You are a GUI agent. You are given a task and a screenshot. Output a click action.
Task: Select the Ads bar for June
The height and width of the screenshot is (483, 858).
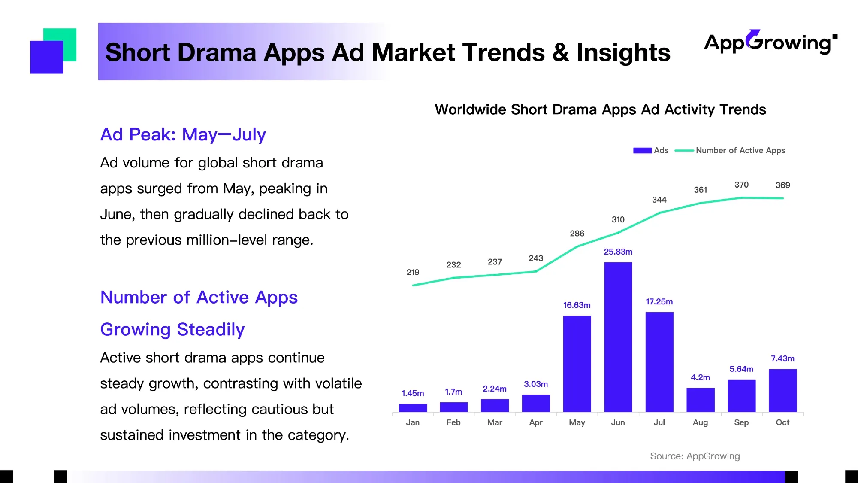[618, 337]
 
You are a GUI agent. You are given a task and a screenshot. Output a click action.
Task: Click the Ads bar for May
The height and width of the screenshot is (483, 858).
[577, 364]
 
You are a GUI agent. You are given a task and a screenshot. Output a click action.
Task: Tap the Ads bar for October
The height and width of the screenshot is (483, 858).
[782, 390]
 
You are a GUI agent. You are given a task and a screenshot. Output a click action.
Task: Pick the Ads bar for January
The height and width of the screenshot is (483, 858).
[413, 408]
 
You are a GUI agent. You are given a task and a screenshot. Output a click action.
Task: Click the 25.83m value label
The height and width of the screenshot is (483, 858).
[618, 252]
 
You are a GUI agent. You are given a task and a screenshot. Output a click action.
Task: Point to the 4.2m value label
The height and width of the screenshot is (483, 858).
[700, 377]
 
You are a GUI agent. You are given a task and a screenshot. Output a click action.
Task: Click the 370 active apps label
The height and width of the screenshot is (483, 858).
[741, 185]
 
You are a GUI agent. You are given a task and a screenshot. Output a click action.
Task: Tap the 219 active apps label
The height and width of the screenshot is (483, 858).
[413, 272]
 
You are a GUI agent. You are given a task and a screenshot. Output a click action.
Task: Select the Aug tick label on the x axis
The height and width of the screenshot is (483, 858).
[700, 422]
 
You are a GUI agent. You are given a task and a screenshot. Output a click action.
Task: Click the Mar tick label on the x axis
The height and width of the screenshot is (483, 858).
[495, 422]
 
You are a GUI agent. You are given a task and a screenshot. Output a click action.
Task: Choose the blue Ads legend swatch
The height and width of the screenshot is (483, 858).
[642, 150]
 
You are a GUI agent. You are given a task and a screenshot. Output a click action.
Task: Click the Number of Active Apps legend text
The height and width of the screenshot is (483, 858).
[740, 150]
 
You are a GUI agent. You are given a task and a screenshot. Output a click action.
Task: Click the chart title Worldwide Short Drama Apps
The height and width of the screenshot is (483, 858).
[600, 109]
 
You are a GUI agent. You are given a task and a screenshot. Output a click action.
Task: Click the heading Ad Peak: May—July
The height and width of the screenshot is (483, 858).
[183, 134]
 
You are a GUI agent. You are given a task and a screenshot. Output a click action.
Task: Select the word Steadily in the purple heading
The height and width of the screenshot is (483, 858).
[211, 329]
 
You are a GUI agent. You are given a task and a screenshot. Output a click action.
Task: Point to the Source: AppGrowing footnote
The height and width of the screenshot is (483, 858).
[695, 456]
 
